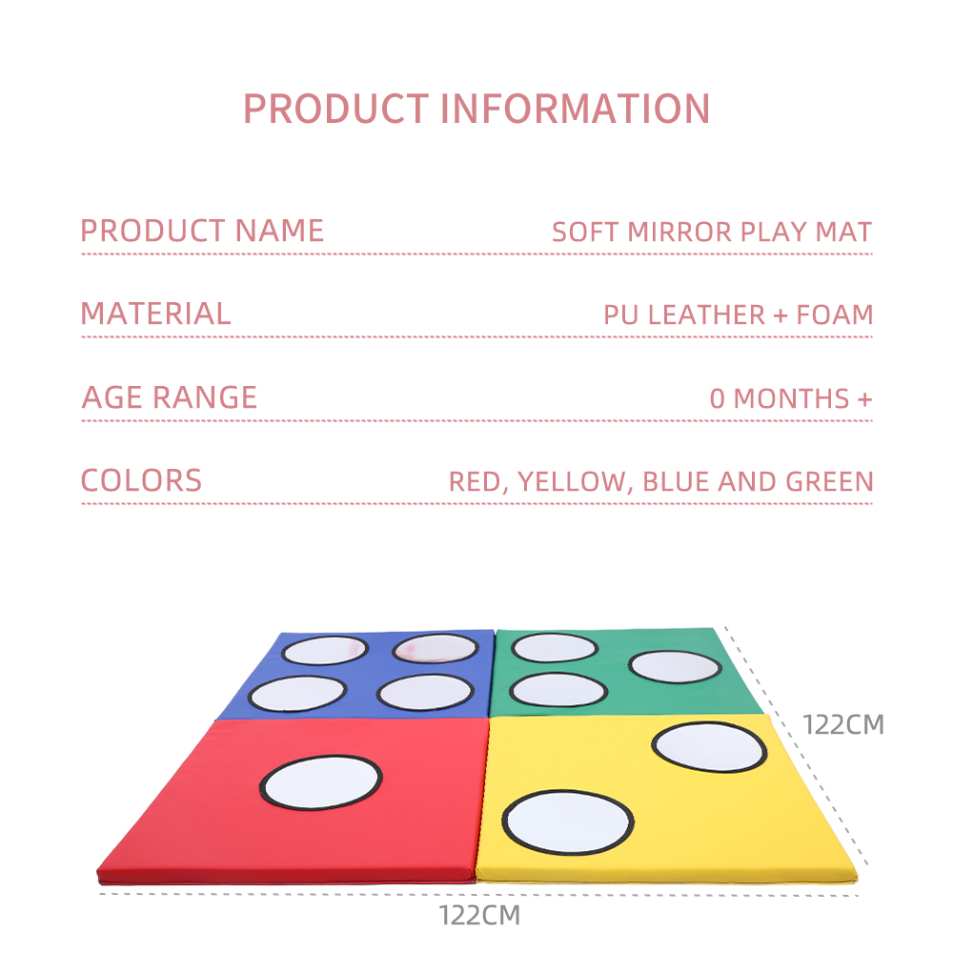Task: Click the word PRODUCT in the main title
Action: click(x=335, y=109)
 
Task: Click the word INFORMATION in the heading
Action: click(x=576, y=109)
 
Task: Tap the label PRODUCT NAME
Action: click(x=202, y=231)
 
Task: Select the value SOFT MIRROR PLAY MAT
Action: click(x=712, y=233)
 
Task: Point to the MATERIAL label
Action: click(x=155, y=314)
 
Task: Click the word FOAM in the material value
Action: click(x=835, y=315)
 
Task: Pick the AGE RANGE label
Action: click(x=169, y=397)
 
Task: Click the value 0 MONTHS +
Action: click(x=791, y=398)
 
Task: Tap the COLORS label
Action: click(x=141, y=480)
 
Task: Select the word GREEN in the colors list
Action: click(x=829, y=482)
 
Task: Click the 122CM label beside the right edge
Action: click(x=843, y=725)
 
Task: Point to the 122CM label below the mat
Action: click(x=479, y=916)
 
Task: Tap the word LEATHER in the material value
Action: click(x=706, y=315)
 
